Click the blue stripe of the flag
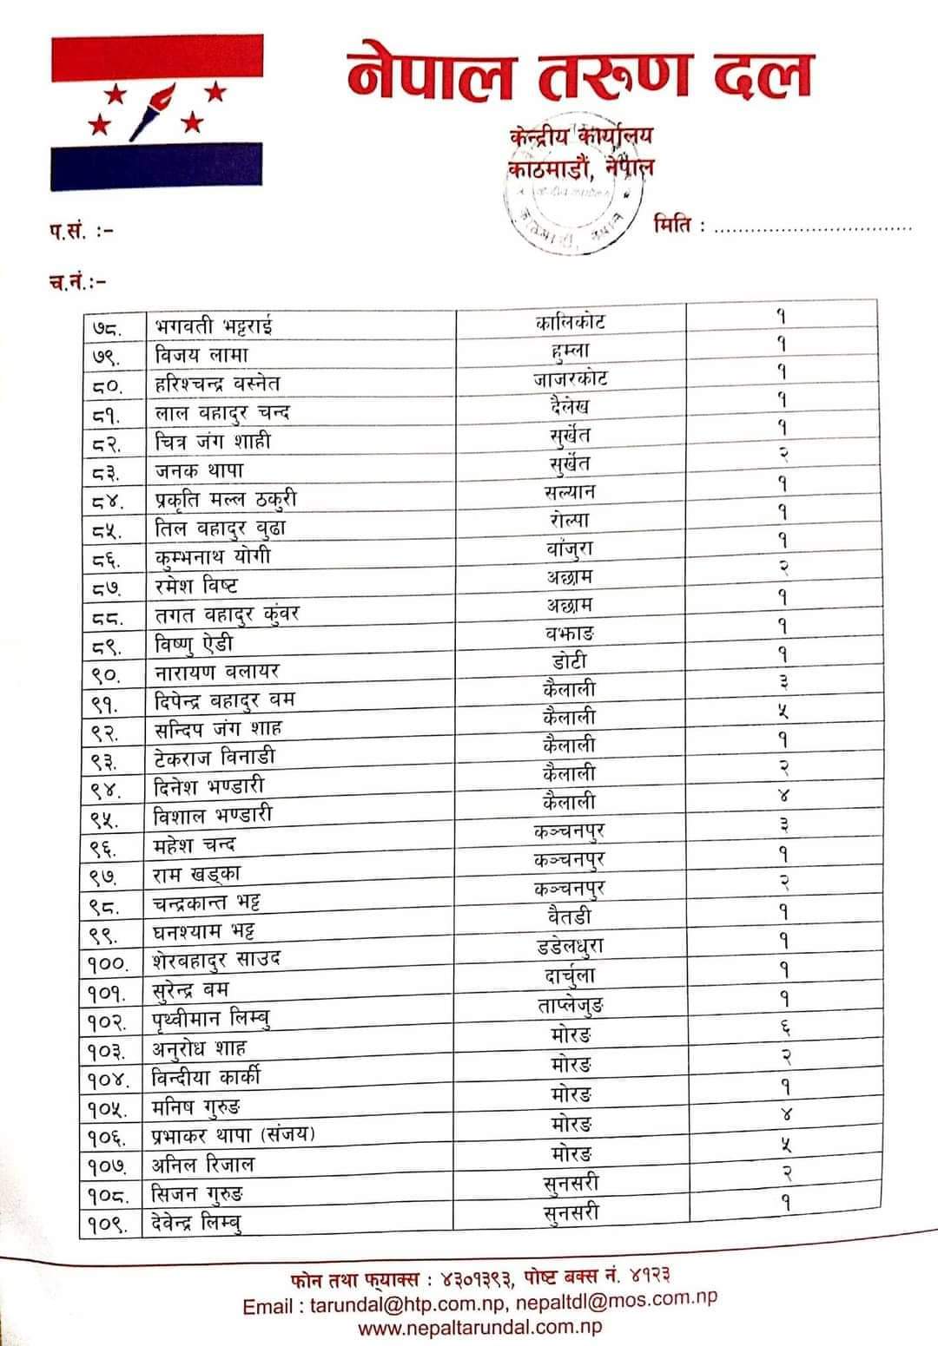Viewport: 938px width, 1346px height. coord(156,167)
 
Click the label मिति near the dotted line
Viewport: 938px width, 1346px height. coord(677,227)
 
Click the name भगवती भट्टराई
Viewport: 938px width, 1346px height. coord(214,327)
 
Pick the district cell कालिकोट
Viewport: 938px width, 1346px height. coord(570,322)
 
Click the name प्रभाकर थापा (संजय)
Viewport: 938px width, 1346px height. coord(233,1134)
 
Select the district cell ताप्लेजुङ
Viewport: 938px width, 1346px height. coord(570,1006)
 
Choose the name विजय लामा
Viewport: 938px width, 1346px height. coord(201,355)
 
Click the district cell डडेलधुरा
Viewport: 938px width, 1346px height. coord(570,946)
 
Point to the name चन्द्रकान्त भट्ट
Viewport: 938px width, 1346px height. coord(206,903)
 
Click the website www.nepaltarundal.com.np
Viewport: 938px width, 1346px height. coord(479,1327)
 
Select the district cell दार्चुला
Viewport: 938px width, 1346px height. coord(565,976)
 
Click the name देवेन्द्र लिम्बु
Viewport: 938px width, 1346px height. coord(196,1223)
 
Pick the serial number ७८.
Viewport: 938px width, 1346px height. coord(108,329)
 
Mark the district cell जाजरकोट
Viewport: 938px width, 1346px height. coord(570,379)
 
